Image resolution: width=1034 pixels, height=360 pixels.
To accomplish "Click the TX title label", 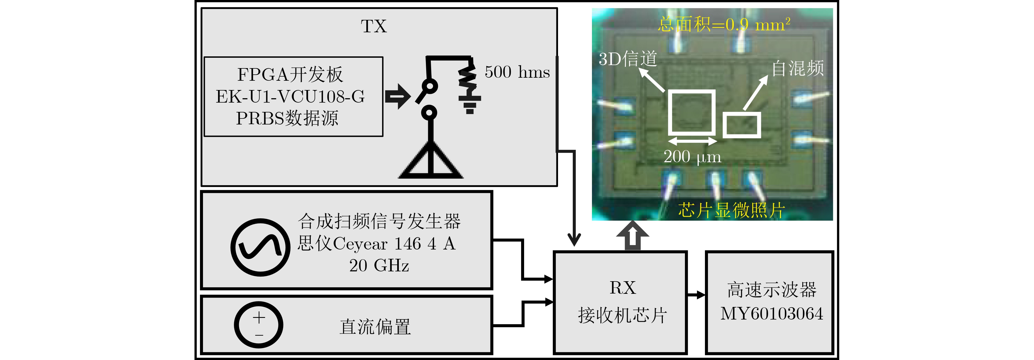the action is point(374,27).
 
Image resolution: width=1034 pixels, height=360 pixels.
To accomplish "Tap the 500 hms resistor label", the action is point(517,72).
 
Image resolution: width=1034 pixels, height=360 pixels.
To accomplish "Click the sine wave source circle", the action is point(260,247).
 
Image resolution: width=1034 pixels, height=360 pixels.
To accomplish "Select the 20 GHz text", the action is point(379,266).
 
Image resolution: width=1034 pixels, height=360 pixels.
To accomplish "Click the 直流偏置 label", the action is point(375,327).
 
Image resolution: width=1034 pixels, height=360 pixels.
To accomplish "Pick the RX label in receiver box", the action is point(623,288).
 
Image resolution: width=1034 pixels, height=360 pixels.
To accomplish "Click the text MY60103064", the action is point(771,313).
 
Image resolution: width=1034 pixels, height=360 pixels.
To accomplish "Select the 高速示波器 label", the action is point(771,290).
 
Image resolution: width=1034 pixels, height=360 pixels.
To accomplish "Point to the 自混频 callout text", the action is point(798,68).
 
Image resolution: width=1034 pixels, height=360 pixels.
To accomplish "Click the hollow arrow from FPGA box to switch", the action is point(398,96).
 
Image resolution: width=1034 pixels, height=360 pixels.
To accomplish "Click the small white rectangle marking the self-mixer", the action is point(742,125).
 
